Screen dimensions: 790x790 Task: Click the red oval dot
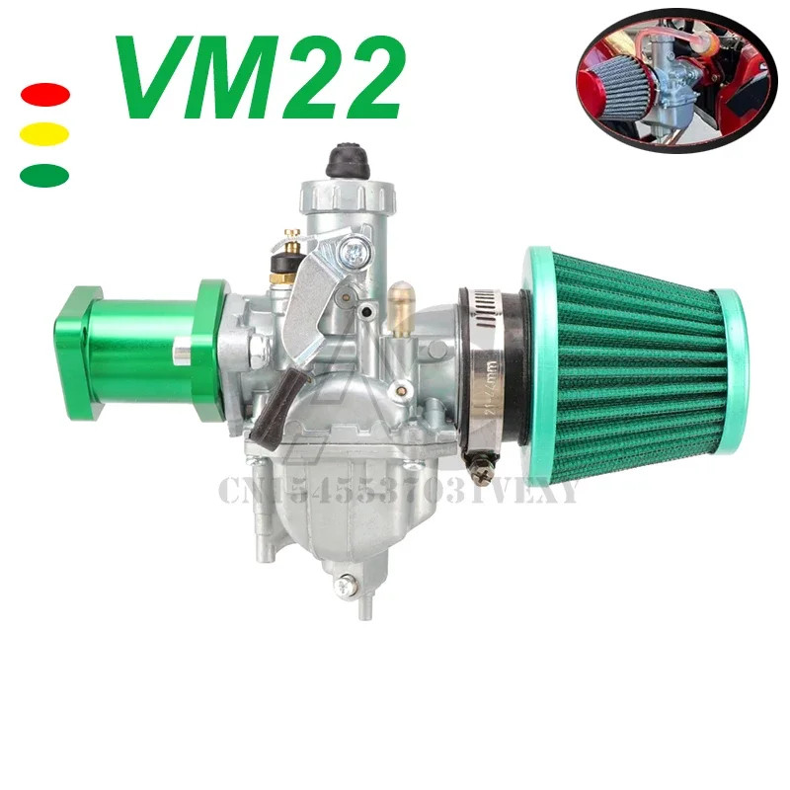click(x=44, y=95)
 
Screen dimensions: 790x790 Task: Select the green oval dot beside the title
click(x=44, y=175)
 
